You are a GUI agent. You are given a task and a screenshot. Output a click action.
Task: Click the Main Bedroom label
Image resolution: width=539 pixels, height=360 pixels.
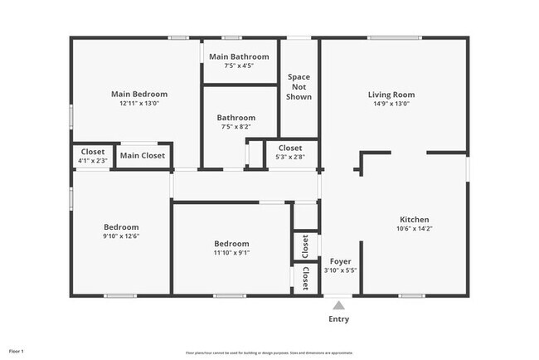[x=139, y=95]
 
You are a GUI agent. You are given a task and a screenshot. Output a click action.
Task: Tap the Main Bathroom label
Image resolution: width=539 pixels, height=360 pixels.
[x=239, y=56]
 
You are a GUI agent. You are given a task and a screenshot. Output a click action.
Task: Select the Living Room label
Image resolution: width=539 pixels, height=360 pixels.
[x=391, y=95]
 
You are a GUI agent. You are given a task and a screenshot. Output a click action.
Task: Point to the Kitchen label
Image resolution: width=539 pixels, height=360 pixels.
[x=415, y=218]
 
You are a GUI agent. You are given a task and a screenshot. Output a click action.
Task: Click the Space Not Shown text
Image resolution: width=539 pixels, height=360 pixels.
[x=299, y=87]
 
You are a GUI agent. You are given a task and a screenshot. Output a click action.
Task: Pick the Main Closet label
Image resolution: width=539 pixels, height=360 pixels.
[x=143, y=155]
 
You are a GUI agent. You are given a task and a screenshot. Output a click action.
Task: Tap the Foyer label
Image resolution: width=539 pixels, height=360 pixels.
[x=341, y=261]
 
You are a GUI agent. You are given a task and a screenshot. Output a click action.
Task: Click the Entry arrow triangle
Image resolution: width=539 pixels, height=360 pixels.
[x=338, y=306]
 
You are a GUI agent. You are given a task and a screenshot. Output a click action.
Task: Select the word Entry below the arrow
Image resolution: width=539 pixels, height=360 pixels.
[x=338, y=319]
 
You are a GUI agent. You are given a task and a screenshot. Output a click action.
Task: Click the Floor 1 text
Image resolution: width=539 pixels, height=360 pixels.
[x=17, y=352]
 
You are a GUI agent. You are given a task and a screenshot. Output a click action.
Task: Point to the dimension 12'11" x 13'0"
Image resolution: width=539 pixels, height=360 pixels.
[x=139, y=104]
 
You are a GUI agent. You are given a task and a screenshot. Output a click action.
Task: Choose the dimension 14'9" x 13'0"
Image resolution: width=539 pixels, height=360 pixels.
[x=391, y=104]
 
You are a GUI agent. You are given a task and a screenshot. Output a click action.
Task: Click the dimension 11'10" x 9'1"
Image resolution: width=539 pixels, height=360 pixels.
[x=231, y=252]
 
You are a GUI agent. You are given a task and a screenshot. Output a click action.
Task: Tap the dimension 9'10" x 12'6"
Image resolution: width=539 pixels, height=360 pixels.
[x=121, y=236]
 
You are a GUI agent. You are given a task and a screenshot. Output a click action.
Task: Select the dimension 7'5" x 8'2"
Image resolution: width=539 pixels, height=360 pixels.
[x=236, y=127]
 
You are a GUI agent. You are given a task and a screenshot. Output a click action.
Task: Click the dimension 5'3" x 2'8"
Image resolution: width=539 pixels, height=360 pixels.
[x=290, y=156]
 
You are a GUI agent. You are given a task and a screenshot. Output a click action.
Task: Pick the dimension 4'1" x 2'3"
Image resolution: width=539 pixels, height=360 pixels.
[x=93, y=160]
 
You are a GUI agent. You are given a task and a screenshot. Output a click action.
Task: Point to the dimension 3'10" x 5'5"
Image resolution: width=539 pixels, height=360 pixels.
[x=341, y=270]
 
